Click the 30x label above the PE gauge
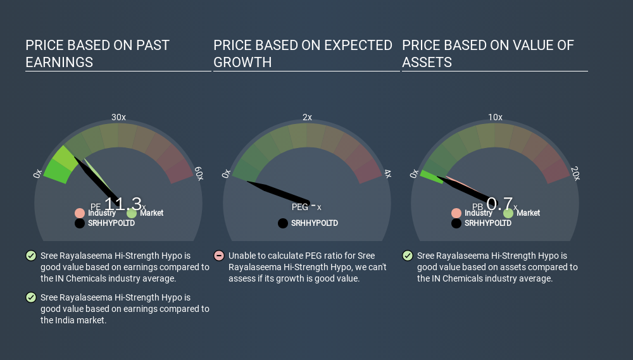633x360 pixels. click(x=118, y=117)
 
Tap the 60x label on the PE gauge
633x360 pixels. click(x=199, y=173)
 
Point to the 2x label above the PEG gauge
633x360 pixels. click(x=307, y=117)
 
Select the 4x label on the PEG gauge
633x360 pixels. click(x=388, y=173)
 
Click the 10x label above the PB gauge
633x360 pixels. click(x=496, y=117)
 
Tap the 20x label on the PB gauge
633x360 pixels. click(x=575, y=173)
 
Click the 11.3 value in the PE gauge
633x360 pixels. click(x=123, y=204)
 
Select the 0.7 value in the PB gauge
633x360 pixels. click(x=500, y=204)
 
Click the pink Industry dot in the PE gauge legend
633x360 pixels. click(x=80, y=213)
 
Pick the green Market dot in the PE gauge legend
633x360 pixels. click(x=132, y=213)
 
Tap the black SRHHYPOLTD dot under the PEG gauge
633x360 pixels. click(x=283, y=223)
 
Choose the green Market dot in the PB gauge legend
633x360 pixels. click(x=508, y=213)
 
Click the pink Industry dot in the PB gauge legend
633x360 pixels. click(x=456, y=213)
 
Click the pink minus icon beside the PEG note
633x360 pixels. click(x=219, y=256)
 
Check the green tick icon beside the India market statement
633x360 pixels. click(x=30, y=297)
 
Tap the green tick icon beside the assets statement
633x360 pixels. click(x=407, y=256)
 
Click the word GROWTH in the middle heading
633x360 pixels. click(x=242, y=62)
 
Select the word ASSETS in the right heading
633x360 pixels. click(x=427, y=62)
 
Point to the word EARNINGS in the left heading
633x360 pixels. click(x=60, y=62)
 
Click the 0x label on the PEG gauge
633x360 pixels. click(x=226, y=173)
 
